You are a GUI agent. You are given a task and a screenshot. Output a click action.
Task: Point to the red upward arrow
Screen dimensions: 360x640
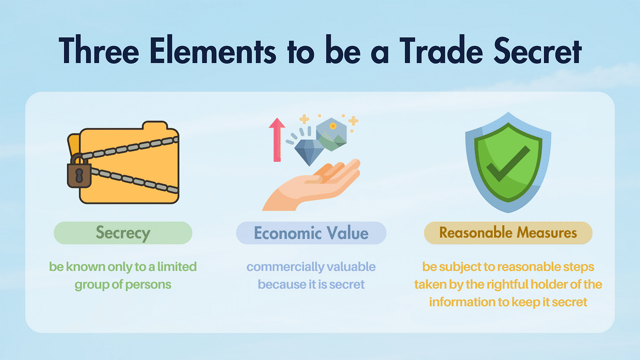click(277, 140)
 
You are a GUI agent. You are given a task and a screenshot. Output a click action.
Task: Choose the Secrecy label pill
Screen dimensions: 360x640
click(123, 233)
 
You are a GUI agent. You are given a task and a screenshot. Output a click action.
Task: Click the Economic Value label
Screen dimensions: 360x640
click(311, 233)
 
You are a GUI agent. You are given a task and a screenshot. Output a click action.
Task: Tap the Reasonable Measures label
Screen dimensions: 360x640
click(508, 233)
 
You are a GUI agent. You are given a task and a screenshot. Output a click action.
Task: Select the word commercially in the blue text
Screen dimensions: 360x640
click(285, 266)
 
